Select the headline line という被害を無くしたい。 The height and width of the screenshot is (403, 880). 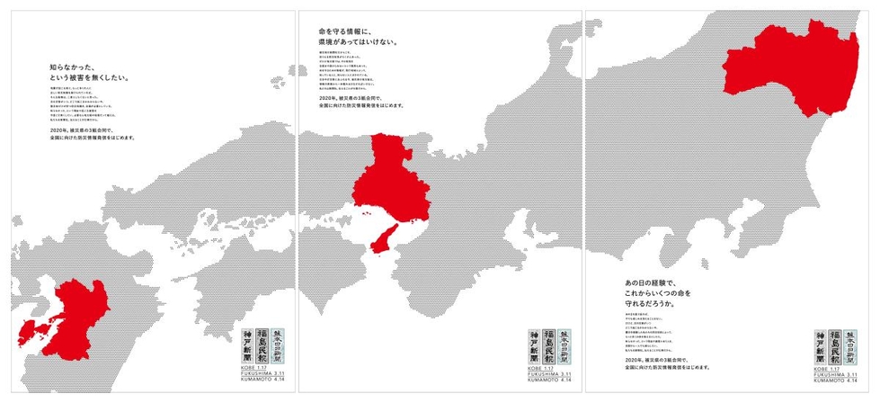90,77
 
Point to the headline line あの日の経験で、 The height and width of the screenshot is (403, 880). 650,282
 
